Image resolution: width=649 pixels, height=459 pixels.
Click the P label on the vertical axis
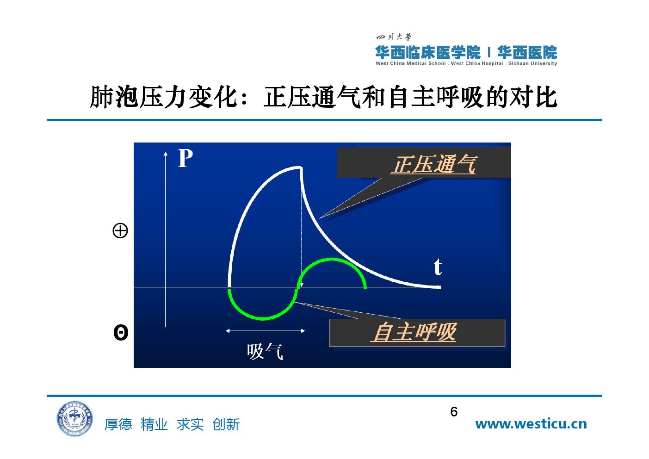click(185, 158)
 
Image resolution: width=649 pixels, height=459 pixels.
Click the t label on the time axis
click(438, 267)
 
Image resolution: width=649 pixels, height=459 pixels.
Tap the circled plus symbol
click(120, 231)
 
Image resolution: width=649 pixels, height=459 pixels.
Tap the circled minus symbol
click(121, 333)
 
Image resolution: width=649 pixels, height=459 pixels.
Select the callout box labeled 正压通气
click(424, 162)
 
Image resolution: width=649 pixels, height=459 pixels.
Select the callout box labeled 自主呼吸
click(417, 333)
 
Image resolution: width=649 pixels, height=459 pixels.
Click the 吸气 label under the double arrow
click(265, 352)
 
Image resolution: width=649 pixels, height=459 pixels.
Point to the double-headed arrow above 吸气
click(265, 331)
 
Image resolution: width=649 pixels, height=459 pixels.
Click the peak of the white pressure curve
click(300, 167)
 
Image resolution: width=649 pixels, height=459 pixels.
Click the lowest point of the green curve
click(263, 319)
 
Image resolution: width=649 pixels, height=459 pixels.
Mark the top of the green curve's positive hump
click(332, 259)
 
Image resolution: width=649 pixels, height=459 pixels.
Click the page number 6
click(454, 412)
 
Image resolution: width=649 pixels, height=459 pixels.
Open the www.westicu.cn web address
click(531, 424)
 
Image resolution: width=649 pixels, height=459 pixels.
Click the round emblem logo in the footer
click(75, 419)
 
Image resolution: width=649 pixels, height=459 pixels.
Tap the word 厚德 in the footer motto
click(118, 424)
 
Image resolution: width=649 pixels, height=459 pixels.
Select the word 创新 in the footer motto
click(226, 424)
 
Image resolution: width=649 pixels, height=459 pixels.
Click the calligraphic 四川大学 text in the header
click(394, 37)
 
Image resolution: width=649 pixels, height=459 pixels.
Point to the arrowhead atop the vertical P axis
click(166, 154)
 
